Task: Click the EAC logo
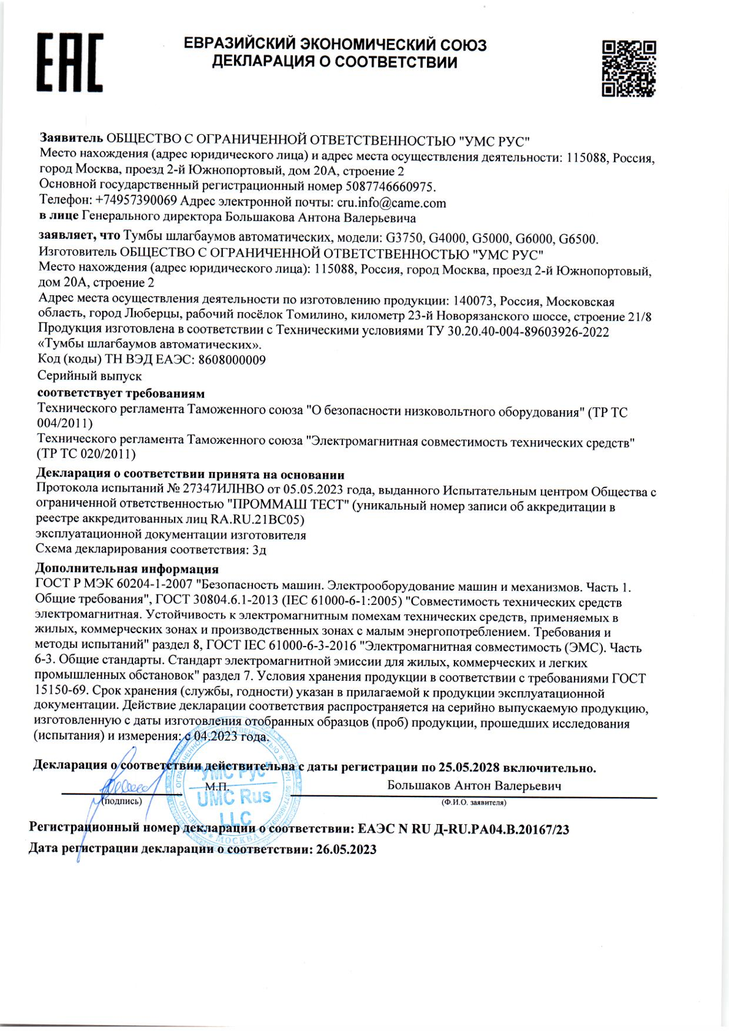point(70,62)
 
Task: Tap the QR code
point(629,69)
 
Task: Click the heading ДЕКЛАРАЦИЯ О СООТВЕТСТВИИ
point(334,62)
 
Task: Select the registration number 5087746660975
point(390,186)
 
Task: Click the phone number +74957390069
point(136,201)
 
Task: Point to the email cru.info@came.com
point(391,203)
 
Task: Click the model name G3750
point(404,239)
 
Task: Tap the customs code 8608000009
point(232,360)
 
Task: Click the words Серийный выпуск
point(89,376)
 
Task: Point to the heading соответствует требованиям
point(121,393)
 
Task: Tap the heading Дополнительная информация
point(127,569)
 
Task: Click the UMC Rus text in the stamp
point(234,797)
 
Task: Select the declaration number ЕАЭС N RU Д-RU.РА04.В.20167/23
point(463,830)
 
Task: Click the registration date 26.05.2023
point(346,850)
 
